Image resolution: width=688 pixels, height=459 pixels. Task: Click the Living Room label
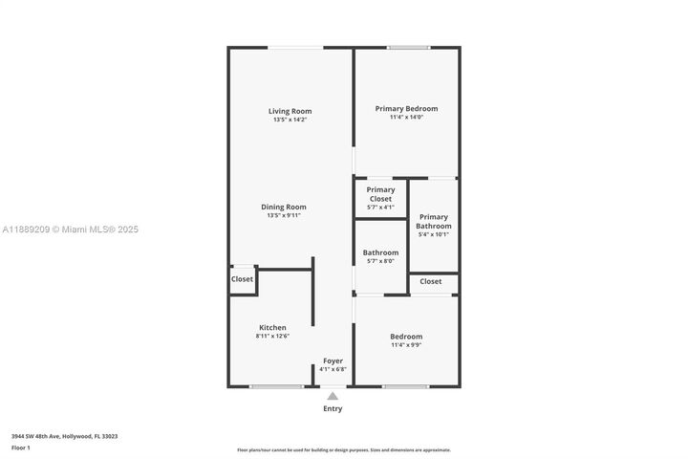click(x=290, y=111)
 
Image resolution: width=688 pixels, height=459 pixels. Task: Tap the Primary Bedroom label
click(x=406, y=108)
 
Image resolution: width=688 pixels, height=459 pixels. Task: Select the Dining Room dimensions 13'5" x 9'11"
click(x=284, y=215)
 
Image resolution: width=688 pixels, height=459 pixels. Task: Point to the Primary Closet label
click(x=380, y=194)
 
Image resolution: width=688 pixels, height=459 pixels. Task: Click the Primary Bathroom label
click(x=433, y=221)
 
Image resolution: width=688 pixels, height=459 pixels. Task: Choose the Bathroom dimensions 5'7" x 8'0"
click(x=380, y=261)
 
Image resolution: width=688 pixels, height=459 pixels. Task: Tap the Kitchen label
click(x=272, y=327)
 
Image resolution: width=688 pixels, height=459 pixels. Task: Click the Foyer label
click(x=333, y=361)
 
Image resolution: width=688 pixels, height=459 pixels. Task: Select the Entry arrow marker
click(x=332, y=394)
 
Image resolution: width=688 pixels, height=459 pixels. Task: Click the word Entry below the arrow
click(x=332, y=408)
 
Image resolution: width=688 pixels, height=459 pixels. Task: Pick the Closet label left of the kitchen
click(x=242, y=279)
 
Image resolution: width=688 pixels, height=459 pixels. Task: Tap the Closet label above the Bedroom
click(x=431, y=281)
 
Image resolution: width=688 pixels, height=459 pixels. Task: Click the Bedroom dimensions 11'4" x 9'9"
click(x=406, y=345)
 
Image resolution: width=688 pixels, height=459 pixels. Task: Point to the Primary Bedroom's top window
click(x=408, y=48)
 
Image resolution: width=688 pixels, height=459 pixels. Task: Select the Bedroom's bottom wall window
click(x=406, y=386)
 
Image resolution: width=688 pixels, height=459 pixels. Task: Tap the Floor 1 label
click(x=21, y=447)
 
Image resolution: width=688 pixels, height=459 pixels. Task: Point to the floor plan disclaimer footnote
click(x=343, y=449)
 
